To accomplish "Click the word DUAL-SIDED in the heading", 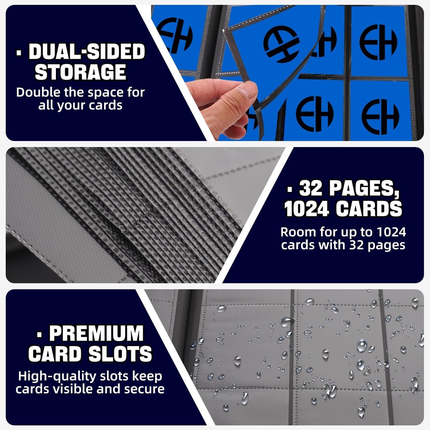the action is click(87, 52).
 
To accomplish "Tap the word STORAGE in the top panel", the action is click(80, 72).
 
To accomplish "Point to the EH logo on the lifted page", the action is click(281, 44).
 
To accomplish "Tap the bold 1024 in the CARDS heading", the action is click(306, 209).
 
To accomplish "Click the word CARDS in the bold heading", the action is click(369, 209).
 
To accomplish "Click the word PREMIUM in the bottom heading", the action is click(96, 333).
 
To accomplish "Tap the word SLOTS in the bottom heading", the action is click(120, 354).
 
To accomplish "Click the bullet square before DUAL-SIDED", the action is click(18, 52).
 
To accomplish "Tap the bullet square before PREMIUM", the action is click(40, 334).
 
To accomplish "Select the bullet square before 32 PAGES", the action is click(290, 189).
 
